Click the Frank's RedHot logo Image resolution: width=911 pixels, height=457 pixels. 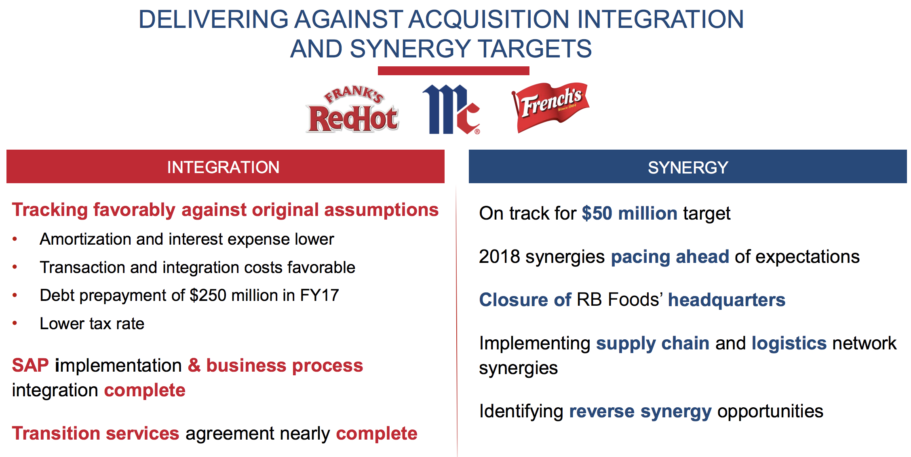352,109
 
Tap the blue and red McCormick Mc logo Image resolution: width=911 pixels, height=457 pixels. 451,109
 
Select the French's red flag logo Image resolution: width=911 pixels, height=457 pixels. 550,108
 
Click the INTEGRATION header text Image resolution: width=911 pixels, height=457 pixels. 224,167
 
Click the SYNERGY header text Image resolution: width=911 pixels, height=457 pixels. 688,167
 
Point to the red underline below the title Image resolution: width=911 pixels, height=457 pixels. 453,71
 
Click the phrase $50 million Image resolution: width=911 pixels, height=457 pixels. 630,213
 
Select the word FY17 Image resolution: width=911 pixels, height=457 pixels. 319,295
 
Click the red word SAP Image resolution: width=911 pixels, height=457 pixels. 30,365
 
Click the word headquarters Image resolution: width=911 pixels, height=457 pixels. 727,300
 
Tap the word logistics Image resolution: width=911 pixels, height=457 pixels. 789,343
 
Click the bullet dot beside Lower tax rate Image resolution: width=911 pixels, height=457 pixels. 15,323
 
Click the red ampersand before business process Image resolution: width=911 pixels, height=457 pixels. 194,365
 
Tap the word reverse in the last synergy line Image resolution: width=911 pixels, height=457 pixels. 602,411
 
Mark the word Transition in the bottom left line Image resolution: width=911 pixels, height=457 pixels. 56,433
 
